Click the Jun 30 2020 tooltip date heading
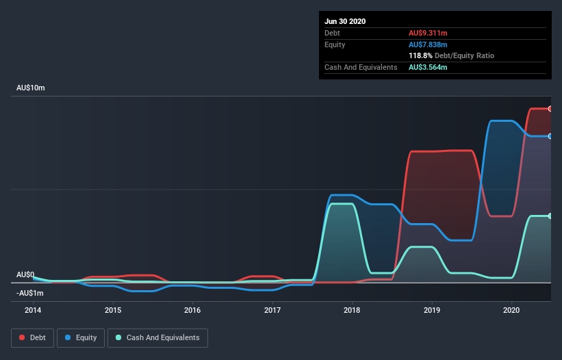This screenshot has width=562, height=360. [x=346, y=21]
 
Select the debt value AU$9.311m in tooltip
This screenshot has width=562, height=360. [x=429, y=33]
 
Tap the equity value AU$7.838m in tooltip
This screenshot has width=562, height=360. [x=429, y=44]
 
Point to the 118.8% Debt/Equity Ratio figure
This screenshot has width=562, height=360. [x=452, y=55]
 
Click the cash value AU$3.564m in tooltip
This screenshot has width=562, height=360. [x=429, y=67]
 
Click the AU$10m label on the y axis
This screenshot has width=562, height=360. [x=31, y=88]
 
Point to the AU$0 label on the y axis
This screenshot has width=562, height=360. [x=25, y=274]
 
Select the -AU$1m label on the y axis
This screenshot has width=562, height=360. [x=29, y=293]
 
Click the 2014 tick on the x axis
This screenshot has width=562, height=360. [x=33, y=310]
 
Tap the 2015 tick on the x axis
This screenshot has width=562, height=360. [x=113, y=310]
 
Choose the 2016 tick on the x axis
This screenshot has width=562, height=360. [x=192, y=310]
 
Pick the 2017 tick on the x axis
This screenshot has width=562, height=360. [x=272, y=310]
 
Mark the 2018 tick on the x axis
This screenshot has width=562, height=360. [x=353, y=310]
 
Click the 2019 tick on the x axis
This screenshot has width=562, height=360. [x=432, y=310]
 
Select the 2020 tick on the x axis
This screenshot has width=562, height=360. [x=512, y=310]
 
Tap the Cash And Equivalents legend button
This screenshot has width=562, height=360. [x=157, y=337]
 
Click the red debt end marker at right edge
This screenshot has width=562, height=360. [x=550, y=109]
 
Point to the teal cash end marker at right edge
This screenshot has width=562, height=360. [x=550, y=216]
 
